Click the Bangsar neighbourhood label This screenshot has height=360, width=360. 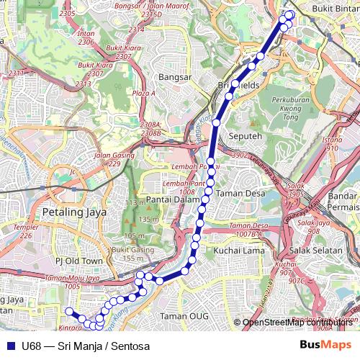click(175, 76)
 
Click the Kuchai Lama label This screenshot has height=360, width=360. click(235, 250)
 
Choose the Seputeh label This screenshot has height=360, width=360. click(243, 135)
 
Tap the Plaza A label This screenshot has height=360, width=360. click(143, 93)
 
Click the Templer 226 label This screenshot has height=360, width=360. click(26, 231)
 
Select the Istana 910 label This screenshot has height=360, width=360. click(332, 143)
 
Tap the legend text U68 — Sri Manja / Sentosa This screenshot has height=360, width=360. click(86, 346)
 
